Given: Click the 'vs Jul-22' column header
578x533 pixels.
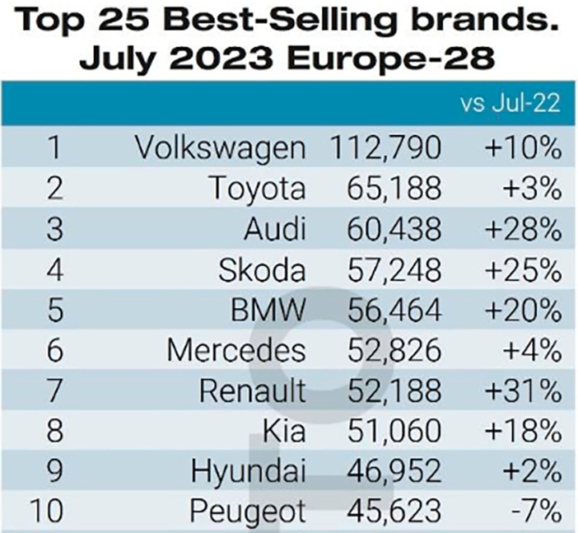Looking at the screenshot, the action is (510, 103).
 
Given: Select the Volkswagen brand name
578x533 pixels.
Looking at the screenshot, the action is (221, 148).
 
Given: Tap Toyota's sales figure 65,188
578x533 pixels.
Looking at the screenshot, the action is (394, 188).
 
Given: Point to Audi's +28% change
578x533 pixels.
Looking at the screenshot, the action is (524, 229).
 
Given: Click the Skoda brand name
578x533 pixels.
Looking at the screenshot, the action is (262, 269).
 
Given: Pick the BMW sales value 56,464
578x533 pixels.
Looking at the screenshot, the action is (394, 310).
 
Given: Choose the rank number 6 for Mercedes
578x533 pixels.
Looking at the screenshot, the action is (55, 350).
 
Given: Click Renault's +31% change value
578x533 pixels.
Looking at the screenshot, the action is (524, 391).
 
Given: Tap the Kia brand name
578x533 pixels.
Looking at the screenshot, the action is (284, 431).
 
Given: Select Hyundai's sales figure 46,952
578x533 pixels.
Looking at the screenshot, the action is (394, 471).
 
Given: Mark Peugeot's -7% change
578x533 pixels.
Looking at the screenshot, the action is (536, 511).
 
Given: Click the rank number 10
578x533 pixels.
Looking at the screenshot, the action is (47, 511).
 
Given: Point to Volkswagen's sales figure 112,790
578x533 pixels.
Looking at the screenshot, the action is (386, 148).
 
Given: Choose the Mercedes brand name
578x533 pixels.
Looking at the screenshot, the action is (236, 350).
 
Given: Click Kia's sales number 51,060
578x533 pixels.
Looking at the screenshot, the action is (394, 431).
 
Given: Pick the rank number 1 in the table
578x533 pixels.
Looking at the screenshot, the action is (55, 148).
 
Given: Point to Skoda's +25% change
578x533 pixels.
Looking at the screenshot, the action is (524, 269).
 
